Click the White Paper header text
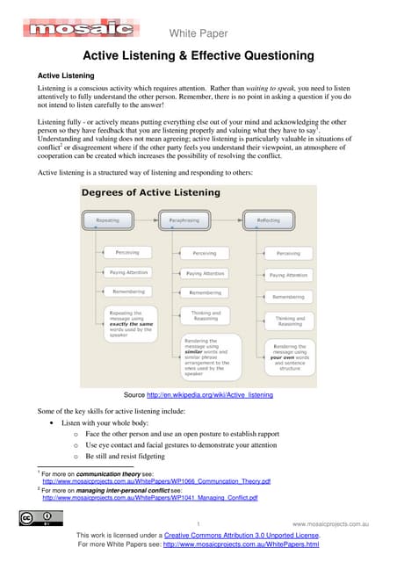point(198,33)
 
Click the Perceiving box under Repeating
point(126,253)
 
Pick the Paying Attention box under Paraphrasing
point(205,273)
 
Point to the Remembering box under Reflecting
point(288,297)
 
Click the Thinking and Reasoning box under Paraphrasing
point(205,316)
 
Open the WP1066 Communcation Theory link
point(156,481)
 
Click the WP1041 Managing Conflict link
point(150,498)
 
